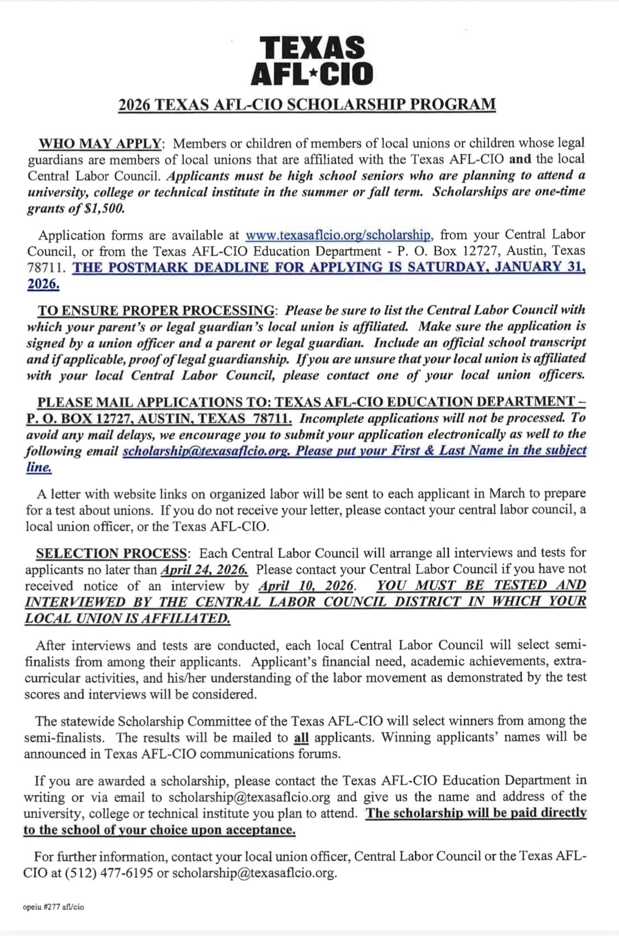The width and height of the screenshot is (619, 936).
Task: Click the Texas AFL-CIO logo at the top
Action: [x=312, y=61]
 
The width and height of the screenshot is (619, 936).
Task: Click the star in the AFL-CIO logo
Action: [x=313, y=73]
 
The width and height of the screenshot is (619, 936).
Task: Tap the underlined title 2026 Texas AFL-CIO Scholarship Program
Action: [x=307, y=105]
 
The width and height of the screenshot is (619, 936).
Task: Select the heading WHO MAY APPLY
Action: [x=100, y=144]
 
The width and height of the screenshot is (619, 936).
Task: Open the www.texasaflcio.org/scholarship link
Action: [x=338, y=235]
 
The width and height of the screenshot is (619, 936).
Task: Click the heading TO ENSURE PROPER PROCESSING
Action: [x=156, y=310]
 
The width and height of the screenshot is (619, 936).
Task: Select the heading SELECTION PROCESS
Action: [x=111, y=553]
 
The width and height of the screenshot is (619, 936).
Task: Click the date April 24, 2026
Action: [x=204, y=570]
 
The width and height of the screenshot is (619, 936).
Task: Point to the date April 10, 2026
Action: [x=307, y=586]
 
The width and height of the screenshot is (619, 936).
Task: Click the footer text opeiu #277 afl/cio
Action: [x=53, y=907]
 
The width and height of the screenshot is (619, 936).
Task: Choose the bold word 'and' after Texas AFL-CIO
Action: [x=520, y=159]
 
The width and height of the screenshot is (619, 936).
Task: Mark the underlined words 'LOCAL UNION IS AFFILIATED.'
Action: [x=128, y=619]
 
